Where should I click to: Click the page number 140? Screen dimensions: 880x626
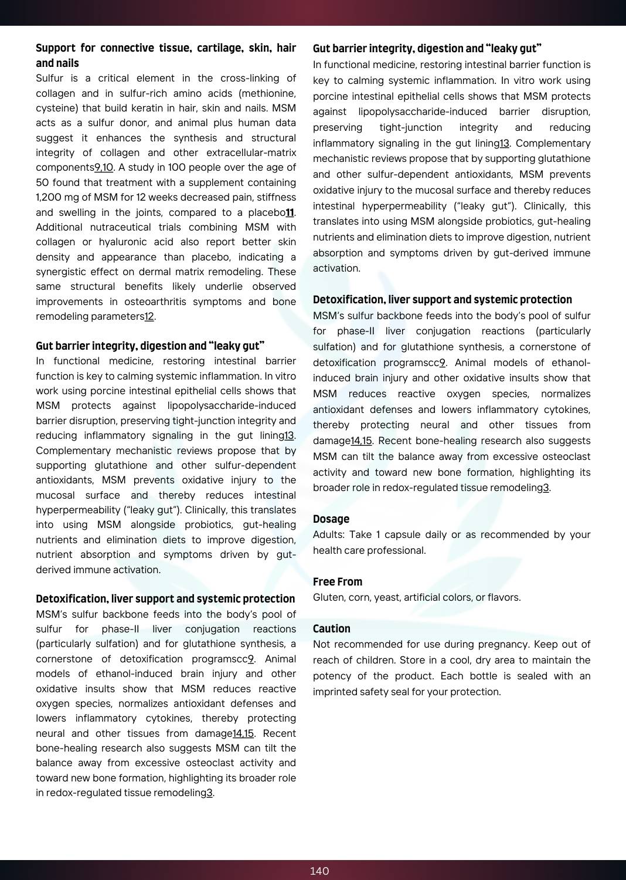point(319,871)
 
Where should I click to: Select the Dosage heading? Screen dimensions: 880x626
point(331,519)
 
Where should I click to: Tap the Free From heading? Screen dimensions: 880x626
point(338,581)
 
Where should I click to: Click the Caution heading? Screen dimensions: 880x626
point(332,628)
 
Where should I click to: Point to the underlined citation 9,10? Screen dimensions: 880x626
point(104,168)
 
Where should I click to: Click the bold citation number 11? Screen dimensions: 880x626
point(290,212)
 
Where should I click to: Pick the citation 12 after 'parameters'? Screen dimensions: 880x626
point(149,317)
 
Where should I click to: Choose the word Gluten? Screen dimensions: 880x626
point(328,597)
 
